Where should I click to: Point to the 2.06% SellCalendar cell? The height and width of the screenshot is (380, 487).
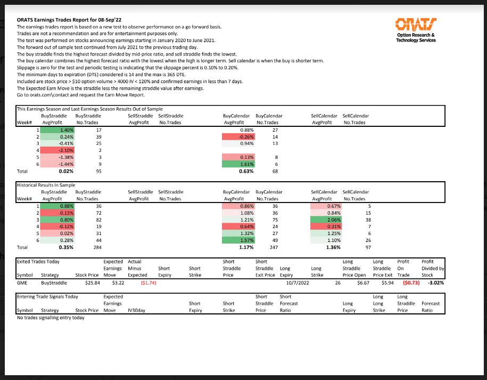click(x=325, y=220)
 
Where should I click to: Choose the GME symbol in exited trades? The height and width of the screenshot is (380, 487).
click(x=22, y=283)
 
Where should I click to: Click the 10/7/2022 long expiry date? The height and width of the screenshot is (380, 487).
click(x=297, y=283)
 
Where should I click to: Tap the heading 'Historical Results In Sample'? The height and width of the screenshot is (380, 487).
click(x=46, y=184)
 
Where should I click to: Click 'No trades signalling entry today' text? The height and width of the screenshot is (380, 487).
click(x=51, y=318)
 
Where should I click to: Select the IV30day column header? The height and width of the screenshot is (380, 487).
click(x=136, y=310)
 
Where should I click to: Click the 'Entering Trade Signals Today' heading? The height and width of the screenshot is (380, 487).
click(x=48, y=296)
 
